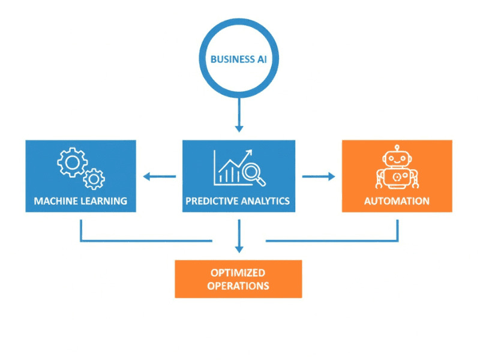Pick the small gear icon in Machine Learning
(94, 178)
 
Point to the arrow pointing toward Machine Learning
(158, 176)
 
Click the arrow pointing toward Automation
(319, 176)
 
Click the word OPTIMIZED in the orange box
(238, 273)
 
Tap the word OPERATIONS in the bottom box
(238, 286)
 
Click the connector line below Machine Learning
(81, 231)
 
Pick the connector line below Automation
(397, 231)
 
